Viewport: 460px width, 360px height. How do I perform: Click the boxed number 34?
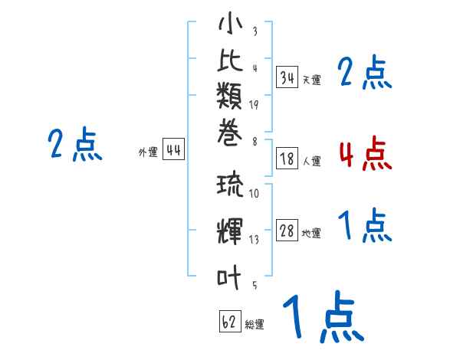click(287, 77)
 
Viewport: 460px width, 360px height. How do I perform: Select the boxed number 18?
click(287, 159)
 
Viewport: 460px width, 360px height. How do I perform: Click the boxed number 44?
click(173, 150)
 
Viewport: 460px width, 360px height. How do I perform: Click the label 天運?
click(311, 80)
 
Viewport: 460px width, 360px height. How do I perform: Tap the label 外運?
click(147, 153)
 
